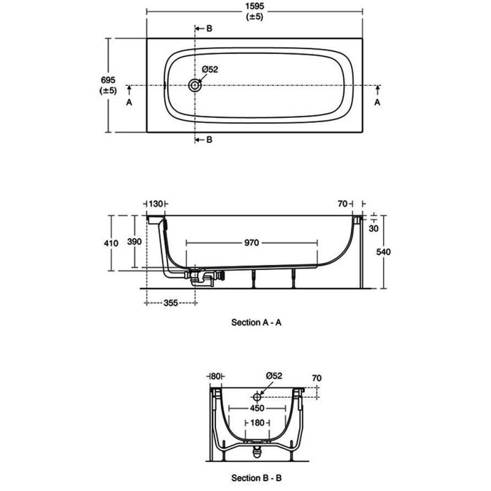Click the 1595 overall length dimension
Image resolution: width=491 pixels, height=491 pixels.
255,6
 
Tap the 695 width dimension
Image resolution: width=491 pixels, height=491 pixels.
108,80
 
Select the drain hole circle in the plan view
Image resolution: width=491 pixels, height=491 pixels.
195,85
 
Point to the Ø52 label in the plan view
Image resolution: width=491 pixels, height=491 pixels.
210,69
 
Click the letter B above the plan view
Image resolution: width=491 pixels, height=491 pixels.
209,28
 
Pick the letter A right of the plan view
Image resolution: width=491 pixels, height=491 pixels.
377,102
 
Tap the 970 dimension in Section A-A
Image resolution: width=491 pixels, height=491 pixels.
252,242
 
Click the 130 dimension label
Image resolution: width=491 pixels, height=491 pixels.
156,204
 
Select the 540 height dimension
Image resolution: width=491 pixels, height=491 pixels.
383,252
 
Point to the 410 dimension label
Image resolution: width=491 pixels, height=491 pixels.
111,243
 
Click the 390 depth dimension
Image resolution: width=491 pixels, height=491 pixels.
134,241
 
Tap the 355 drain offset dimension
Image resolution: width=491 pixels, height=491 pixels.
171,303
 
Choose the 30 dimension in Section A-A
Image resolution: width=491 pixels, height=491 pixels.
374,228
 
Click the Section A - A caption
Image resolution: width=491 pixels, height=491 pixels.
256,322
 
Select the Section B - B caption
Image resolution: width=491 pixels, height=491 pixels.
256,478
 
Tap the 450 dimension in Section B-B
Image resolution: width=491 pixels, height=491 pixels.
257,408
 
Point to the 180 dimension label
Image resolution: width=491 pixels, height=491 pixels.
257,423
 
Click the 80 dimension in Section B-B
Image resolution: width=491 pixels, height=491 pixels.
215,376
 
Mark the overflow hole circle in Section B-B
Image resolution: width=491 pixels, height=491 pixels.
257,397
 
